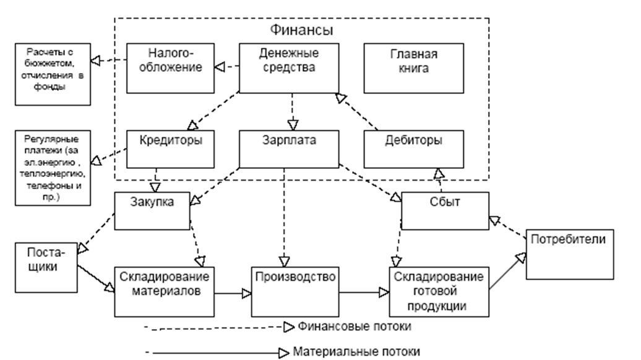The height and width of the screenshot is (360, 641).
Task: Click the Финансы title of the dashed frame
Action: click(x=302, y=29)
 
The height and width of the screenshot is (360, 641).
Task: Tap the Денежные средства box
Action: click(x=289, y=66)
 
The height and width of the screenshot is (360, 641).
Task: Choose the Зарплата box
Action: click(x=289, y=148)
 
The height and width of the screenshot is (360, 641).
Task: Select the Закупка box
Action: click(x=151, y=210)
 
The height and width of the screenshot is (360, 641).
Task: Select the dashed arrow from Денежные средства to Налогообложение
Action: click(x=225, y=66)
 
